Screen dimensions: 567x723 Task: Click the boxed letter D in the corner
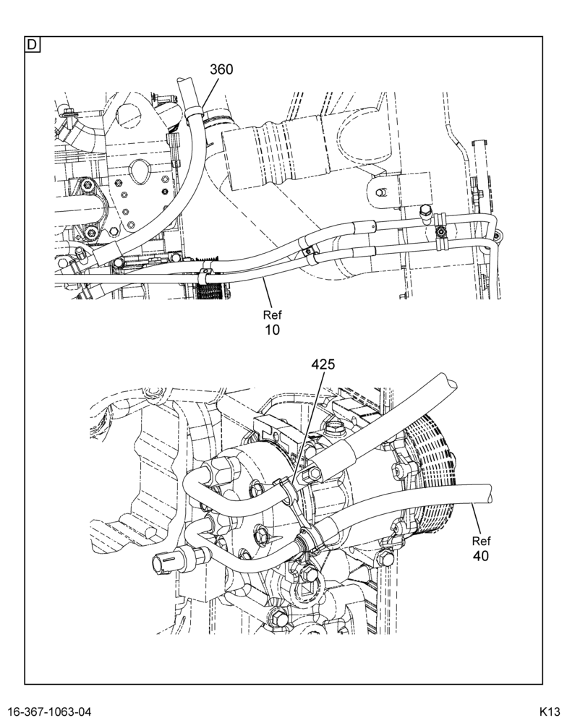click(x=33, y=45)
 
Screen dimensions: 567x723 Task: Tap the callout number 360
click(x=221, y=69)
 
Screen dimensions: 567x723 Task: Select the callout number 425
click(x=323, y=364)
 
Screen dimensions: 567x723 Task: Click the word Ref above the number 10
click(x=272, y=315)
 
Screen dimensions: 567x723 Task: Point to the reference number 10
click(x=272, y=330)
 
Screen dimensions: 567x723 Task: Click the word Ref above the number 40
click(x=481, y=541)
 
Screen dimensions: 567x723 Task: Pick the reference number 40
click(x=481, y=556)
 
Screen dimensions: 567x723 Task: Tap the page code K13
click(x=550, y=711)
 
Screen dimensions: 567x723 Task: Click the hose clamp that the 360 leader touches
click(x=195, y=111)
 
